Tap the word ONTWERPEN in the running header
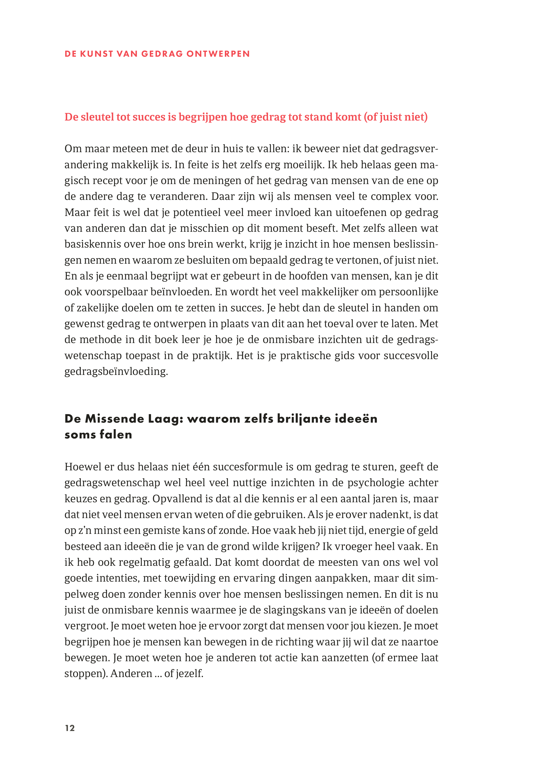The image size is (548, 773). pos(218,54)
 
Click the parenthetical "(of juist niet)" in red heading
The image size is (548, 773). pos(395,117)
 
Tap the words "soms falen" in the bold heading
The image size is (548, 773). pos(98,435)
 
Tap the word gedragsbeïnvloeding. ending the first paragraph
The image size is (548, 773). pos(116,371)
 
